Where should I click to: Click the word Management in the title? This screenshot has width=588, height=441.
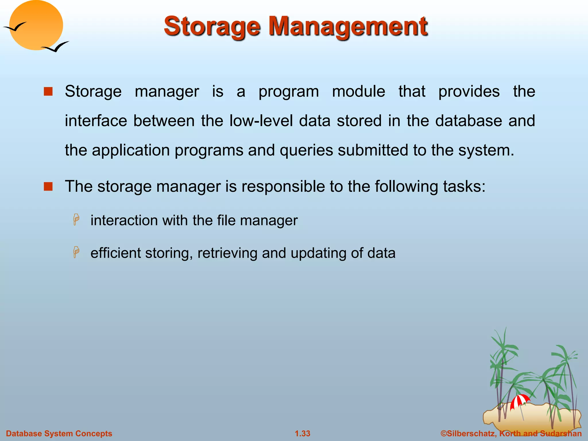click(x=348, y=26)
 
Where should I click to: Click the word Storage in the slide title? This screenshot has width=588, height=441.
click(x=212, y=26)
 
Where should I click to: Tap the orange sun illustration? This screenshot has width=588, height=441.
click(x=36, y=25)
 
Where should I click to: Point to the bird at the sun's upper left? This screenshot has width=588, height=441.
click(x=15, y=27)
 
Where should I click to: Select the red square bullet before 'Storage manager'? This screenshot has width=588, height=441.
click(x=48, y=92)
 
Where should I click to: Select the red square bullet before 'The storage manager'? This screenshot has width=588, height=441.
click(x=48, y=187)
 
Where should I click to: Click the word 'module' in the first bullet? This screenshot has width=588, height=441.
click(x=358, y=92)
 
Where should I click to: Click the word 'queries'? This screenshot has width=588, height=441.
click(x=306, y=150)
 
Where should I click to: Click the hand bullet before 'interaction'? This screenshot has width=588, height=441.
click(x=76, y=220)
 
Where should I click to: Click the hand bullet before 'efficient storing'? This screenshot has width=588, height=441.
click(x=76, y=252)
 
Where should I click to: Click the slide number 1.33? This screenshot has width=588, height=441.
click(x=303, y=434)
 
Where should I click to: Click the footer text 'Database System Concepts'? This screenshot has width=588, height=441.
click(x=59, y=434)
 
